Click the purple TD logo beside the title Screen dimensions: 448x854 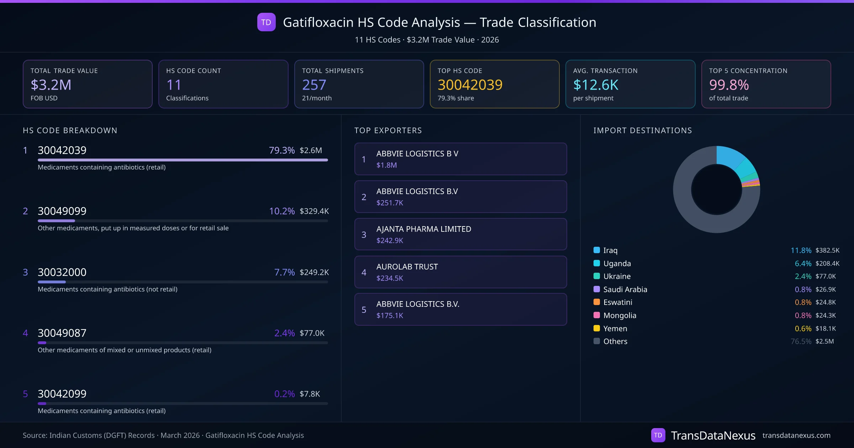coord(266,22)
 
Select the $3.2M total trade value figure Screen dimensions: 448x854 coord(51,85)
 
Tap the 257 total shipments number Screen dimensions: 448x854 coord(314,85)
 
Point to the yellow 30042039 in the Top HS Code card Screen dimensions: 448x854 coord(470,85)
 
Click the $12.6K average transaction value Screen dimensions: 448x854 coord(596,85)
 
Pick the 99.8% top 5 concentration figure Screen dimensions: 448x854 coord(729,85)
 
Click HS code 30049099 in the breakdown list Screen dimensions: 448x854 coord(62,211)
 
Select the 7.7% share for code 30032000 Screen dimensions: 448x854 coord(284,272)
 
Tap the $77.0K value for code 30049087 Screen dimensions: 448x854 coord(312,333)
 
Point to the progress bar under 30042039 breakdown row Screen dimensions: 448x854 coord(183,160)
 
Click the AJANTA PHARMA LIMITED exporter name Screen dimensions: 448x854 coord(423,229)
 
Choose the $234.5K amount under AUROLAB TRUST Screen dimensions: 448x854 coord(390,278)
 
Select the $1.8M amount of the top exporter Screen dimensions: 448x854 coord(386,165)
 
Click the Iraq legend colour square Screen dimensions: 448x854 coord(597,250)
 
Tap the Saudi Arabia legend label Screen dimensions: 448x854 coord(625,289)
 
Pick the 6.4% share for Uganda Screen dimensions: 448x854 coord(803,263)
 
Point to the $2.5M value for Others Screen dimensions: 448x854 coord(824,341)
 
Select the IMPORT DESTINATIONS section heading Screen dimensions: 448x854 coord(642,130)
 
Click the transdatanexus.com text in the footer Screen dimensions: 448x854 coord(796,435)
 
